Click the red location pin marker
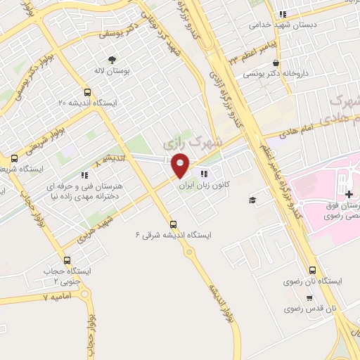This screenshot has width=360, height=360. [181, 165]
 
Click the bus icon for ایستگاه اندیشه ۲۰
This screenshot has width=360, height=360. [87, 92]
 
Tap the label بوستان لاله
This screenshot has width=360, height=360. [109, 71]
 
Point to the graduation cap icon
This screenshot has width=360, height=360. [252, 200]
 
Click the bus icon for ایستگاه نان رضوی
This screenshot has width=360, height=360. [312, 270]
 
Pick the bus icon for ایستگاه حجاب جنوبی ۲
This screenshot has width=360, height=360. [67, 260]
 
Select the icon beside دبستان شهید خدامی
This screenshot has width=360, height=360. [283, 13]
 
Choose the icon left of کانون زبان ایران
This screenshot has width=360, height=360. [203, 174]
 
